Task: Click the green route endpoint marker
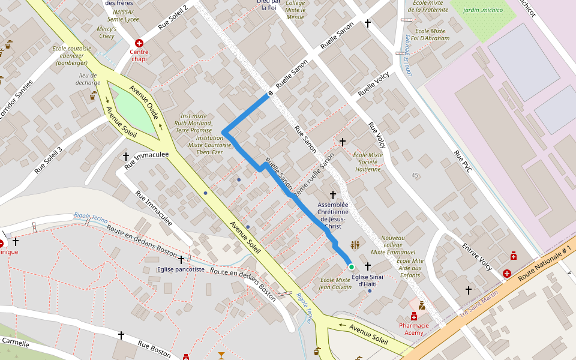click(x=352, y=266)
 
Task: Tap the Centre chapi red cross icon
click(x=139, y=43)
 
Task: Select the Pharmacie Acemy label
click(x=414, y=329)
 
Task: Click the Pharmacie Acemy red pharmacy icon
click(x=413, y=316)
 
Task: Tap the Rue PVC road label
click(x=463, y=161)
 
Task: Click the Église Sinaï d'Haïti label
click(x=367, y=280)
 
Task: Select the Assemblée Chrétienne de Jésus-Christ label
click(x=333, y=215)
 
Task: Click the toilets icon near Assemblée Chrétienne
click(x=355, y=245)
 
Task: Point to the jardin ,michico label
click(x=484, y=10)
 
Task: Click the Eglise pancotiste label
click(x=181, y=270)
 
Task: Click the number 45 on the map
click(x=415, y=175)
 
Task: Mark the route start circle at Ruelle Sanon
click(x=271, y=93)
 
